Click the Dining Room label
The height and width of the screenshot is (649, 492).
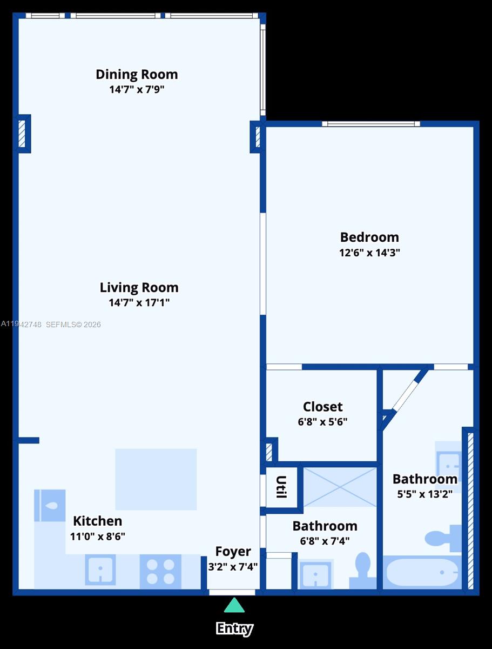tap(137, 74)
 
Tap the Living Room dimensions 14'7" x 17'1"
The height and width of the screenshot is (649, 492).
tap(139, 303)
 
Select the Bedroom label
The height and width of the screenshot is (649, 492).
tap(369, 237)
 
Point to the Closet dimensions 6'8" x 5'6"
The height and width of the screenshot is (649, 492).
tap(322, 422)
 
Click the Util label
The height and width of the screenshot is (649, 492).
tap(281, 487)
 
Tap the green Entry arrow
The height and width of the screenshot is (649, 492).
tap(234, 605)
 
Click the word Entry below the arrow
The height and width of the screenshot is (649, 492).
tap(234, 628)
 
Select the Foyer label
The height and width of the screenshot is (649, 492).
tap(233, 551)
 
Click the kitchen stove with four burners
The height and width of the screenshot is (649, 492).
tap(160, 572)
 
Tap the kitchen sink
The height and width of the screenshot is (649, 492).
tap(100, 570)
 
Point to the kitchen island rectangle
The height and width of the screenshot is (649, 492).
tap(156, 479)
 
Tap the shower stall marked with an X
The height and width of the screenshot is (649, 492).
tap(340, 487)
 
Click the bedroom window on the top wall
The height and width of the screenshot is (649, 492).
tap(371, 124)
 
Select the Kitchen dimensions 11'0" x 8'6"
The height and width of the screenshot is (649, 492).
tap(97, 537)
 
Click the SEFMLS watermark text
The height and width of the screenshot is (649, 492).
tap(73, 325)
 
